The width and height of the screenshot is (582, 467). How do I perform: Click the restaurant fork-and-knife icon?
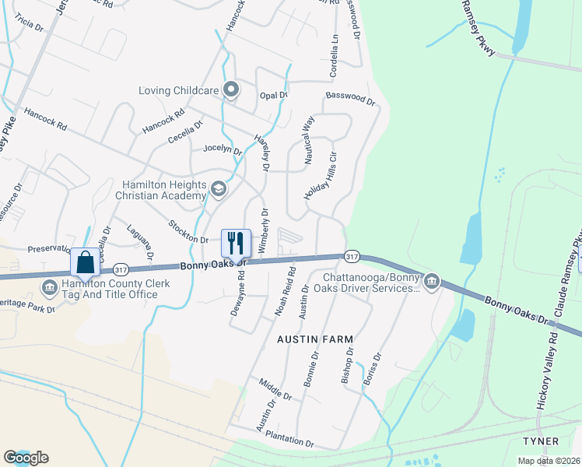tap(236, 243)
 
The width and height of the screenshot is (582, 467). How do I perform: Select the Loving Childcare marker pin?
tap(230, 90)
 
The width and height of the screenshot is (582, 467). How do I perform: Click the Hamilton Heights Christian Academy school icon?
tap(219, 188)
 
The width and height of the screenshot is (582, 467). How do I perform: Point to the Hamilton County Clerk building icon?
tap(51, 288)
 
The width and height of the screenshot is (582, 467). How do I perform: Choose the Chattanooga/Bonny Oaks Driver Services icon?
tap(431, 280)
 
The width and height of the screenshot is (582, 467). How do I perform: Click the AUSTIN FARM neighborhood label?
tap(315, 339)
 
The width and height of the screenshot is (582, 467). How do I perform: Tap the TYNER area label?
tap(541, 441)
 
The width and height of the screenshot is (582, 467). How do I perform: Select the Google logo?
tap(26, 458)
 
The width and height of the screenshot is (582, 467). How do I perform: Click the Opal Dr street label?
tap(274, 96)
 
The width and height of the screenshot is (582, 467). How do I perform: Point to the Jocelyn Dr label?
tap(223, 149)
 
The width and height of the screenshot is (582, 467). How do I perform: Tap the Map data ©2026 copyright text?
tap(549, 461)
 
